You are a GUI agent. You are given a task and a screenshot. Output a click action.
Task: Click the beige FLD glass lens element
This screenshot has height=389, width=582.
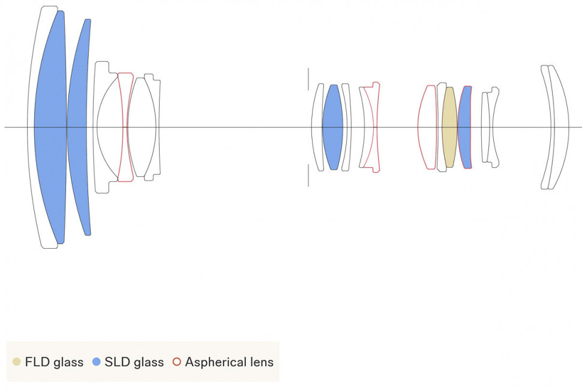pos(449,127)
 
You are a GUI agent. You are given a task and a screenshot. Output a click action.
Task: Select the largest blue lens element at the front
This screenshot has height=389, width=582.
pos(50,127)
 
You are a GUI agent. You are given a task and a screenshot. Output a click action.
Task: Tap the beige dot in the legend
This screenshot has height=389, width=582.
pos(16,361)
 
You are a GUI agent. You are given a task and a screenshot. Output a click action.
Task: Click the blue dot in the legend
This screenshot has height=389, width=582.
pos(96,361)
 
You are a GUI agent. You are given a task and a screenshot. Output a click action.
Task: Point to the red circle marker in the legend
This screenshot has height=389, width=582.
pos(176,361)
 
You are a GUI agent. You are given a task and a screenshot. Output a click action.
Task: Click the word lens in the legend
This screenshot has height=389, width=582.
pos(262,362)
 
